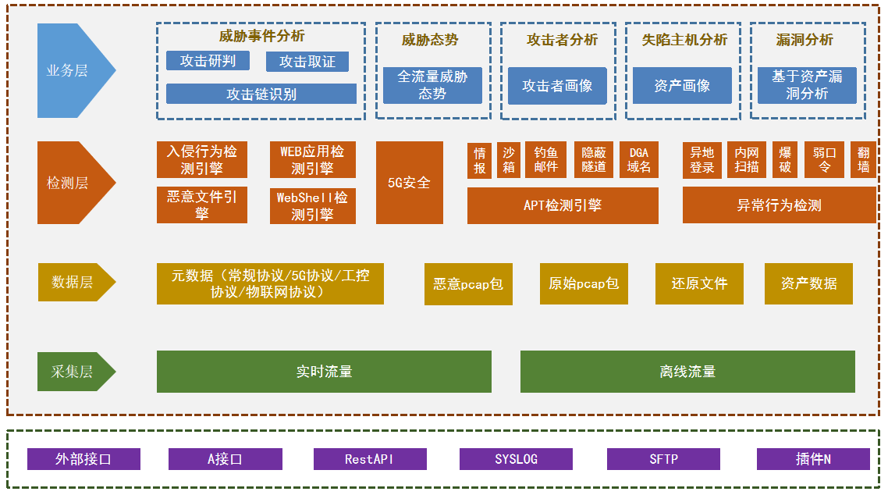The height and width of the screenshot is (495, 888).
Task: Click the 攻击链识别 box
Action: [x=261, y=94]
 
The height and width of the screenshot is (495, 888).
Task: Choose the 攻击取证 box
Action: [x=307, y=62]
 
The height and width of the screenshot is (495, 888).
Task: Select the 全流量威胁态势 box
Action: [x=432, y=85]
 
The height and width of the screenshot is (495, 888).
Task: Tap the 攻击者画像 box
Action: [x=557, y=86]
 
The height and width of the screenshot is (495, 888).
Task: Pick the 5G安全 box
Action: [x=409, y=183]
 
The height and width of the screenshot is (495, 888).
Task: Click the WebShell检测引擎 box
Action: [x=312, y=206]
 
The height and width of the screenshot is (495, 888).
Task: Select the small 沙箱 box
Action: [x=509, y=160]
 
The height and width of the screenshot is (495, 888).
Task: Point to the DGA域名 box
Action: [x=639, y=160]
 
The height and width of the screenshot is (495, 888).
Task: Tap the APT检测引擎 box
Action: [x=563, y=205]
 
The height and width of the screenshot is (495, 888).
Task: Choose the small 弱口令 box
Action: [x=824, y=160]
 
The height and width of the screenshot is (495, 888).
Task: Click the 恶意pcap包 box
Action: [x=468, y=284]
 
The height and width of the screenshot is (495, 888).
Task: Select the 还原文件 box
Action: [x=699, y=283]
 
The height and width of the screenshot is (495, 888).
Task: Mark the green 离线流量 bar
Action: [x=687, y=372]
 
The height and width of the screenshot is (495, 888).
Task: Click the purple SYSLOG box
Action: [x=516, y=459]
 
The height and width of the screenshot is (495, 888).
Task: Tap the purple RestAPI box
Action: [x=370, y=459]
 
